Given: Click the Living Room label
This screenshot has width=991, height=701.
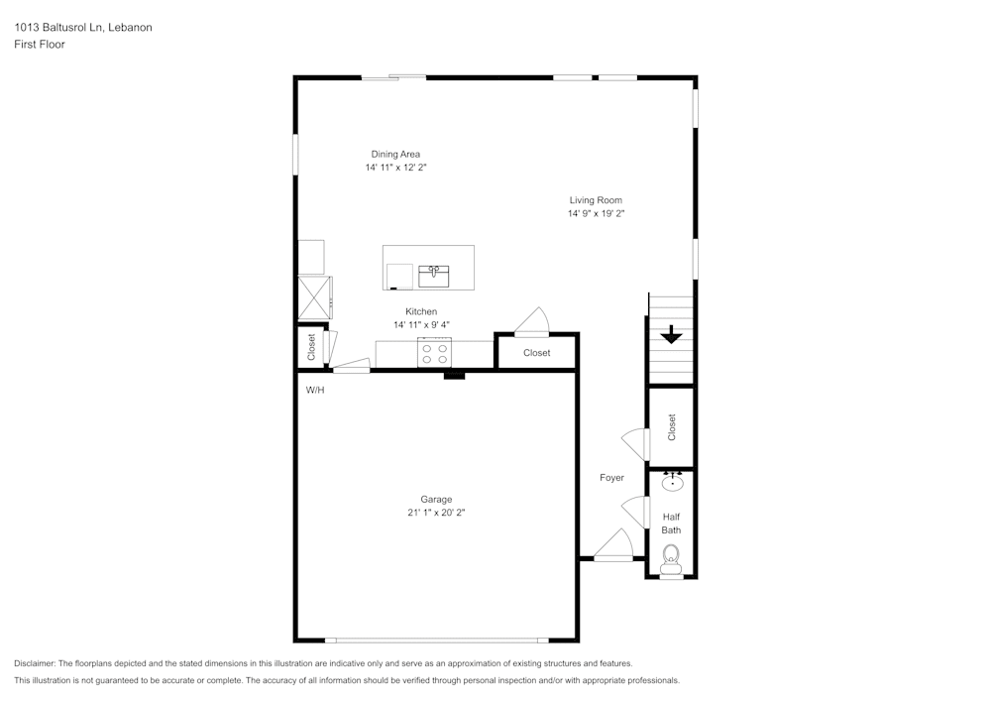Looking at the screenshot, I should click(595, 200).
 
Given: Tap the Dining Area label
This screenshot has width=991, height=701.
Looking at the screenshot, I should click(395, 154).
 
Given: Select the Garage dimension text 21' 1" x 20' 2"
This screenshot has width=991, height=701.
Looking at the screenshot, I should click(435, 513).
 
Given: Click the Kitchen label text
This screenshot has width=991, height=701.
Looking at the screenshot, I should click(420, 311).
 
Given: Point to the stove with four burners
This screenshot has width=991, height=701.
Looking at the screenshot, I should click(435, 353).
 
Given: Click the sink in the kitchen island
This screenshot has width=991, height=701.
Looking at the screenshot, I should click(433, 274).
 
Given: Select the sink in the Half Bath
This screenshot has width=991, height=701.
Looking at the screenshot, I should click(672, 483).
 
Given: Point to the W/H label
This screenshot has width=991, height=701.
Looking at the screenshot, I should click(314, 391).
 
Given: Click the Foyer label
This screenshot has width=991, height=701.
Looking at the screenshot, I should click(611, 478).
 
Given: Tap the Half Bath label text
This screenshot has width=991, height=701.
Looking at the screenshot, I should click(671, 524).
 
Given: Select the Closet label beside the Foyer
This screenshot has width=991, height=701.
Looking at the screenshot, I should click(671, 427).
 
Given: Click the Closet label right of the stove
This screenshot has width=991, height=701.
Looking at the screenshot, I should click(536, 353).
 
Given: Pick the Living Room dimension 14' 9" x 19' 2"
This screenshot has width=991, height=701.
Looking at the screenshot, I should click(595, 213).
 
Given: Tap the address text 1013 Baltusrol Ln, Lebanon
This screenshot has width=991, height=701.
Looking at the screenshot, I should click(82, 28).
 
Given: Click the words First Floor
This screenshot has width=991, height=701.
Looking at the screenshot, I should click(40, 45).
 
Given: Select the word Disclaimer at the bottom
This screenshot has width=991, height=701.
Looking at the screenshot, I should click(35, 663).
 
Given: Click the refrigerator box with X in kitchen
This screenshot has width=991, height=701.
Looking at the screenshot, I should click(314, 296).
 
